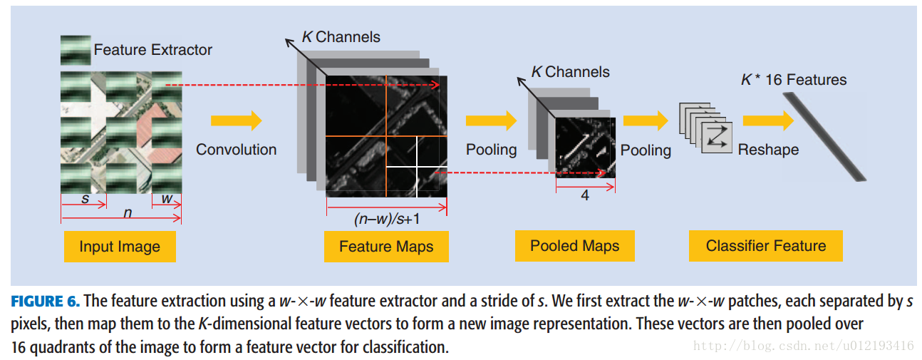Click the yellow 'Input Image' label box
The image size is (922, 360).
coord(119,247)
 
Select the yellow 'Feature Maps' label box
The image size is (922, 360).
coord(385,247)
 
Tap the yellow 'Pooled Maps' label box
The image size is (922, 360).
coord(574,246)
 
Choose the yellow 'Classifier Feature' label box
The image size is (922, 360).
coord(765,246)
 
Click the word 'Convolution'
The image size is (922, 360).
coord(236,150)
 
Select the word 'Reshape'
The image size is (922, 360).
coord(768,150)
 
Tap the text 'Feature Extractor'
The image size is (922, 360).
coord(152,50)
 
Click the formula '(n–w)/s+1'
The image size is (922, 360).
coord(385,220)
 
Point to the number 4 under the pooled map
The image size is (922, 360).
coord(585,195)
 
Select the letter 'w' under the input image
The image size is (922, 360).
coord(167,199)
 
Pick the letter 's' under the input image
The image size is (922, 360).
coord(86,199)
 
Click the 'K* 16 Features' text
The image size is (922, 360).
coord(794,80)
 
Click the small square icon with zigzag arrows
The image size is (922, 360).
coord(717,136)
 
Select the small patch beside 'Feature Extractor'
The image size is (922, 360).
coord(76,50)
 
